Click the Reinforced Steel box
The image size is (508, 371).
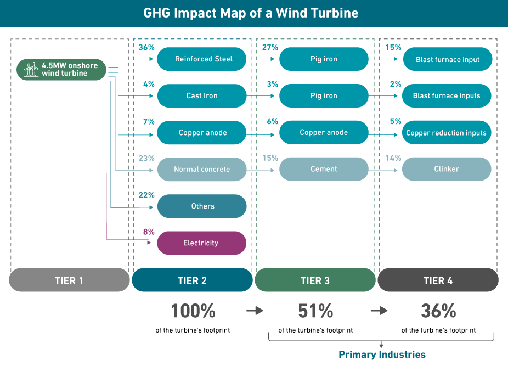point(202,59)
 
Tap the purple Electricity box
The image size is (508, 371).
point(202,243)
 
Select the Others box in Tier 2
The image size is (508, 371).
point(202,206)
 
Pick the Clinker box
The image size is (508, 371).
point(447,169)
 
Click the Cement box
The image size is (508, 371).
point(324,169)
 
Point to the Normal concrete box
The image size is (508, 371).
point(202,169)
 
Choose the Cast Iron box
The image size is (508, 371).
point(202,95)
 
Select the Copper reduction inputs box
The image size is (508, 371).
point(447,133)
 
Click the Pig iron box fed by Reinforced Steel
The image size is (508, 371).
point(324,59)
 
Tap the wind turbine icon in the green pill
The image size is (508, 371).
point(31,70)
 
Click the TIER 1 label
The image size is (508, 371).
point(69,280)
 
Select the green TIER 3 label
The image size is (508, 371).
point(315,280)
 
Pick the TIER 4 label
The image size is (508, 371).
point(438,280)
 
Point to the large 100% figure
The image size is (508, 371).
point(193,311)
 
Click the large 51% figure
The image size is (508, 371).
point(315,311)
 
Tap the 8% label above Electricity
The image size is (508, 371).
point(149,232)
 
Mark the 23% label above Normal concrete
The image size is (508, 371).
point(148,158)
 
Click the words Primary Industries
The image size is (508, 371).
point(382,355)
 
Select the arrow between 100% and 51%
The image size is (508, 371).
point(255,311)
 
